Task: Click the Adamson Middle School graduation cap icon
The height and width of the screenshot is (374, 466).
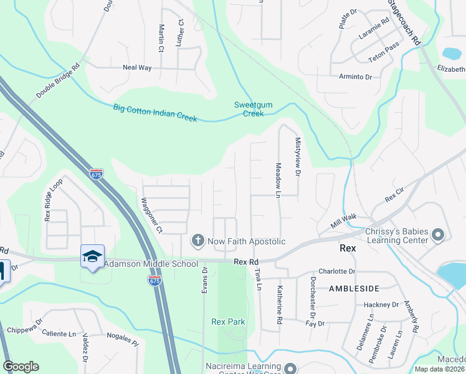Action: [x=92, y=256]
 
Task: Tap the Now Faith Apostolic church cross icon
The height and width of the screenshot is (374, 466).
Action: [x=197, y=241]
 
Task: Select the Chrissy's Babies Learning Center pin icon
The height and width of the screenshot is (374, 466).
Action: [x=438, y=235]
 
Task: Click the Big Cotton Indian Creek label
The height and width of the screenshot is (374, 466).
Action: [x=155, y=112]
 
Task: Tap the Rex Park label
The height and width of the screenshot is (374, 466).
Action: [x=228, y=322]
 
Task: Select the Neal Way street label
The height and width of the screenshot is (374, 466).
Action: [x=137, y=67]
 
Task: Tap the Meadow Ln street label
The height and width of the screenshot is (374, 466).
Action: [x=278, y=180]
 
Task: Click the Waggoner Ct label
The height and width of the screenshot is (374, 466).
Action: [x=151, y=215]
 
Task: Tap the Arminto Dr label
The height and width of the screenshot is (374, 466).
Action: [x=355, y=77]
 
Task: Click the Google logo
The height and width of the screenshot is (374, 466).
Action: [x=21, y=367]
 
